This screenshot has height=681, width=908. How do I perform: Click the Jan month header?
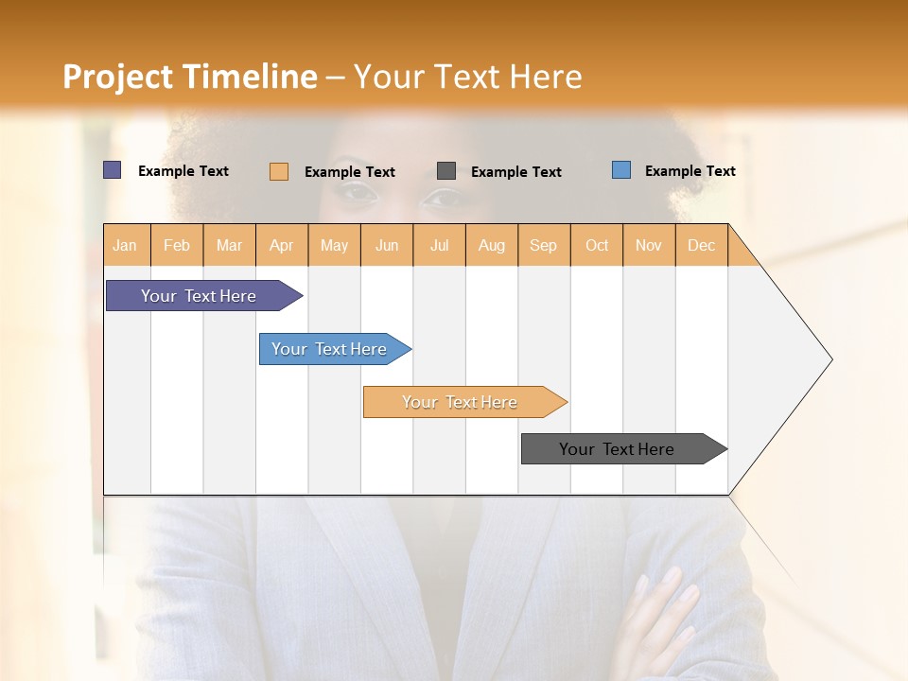click(126, 245)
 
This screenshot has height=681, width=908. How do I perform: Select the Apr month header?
click(282, 245)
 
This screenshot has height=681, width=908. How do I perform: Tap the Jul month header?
click(439, 245)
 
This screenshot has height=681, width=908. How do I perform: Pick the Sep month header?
click(543, 245)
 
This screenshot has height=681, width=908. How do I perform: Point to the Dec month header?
click(701, 245)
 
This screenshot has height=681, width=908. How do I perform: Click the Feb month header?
click(177, 245)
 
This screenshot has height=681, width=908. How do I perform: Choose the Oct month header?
click(597, 245)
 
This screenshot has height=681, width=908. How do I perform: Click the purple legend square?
click(113, 170)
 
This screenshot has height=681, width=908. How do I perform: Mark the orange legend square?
click(279, 171)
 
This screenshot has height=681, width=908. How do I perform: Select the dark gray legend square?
click(446, 170)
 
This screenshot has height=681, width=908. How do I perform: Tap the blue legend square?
click(621, 170)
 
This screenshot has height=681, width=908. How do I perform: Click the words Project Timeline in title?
click(189, 77)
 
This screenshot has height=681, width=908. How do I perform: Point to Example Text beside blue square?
click(690, 171)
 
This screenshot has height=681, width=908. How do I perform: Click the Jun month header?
click(387, 245)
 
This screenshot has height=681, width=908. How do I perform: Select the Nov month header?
click(649, 245)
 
